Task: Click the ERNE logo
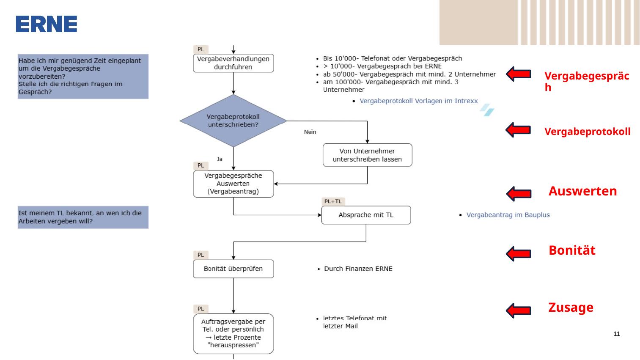point(46,24)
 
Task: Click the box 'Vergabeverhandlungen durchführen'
point(233,63)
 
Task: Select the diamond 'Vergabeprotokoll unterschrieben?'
point(233,121)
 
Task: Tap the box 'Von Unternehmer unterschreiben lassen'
point(368,155)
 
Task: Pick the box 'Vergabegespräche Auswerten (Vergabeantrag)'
point(233,184)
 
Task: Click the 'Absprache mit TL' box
point(366,215)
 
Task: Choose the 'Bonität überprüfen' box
point(233,269)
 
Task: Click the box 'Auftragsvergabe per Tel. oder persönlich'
point(233,334)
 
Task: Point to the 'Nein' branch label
point(310,132)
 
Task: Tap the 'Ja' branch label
point(220,159)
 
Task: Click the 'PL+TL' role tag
point(333,201)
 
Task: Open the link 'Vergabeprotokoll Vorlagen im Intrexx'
point(419,101)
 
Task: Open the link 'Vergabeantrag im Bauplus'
point(508,215)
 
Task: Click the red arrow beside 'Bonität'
point(518,253)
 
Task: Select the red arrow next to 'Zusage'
point(518,310)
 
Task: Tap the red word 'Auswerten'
point(582,191)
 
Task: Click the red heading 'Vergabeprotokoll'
point(587,132)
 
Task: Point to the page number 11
point(617,334)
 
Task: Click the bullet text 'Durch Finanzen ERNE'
point(358,269)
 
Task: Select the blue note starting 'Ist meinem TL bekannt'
point(83,217)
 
